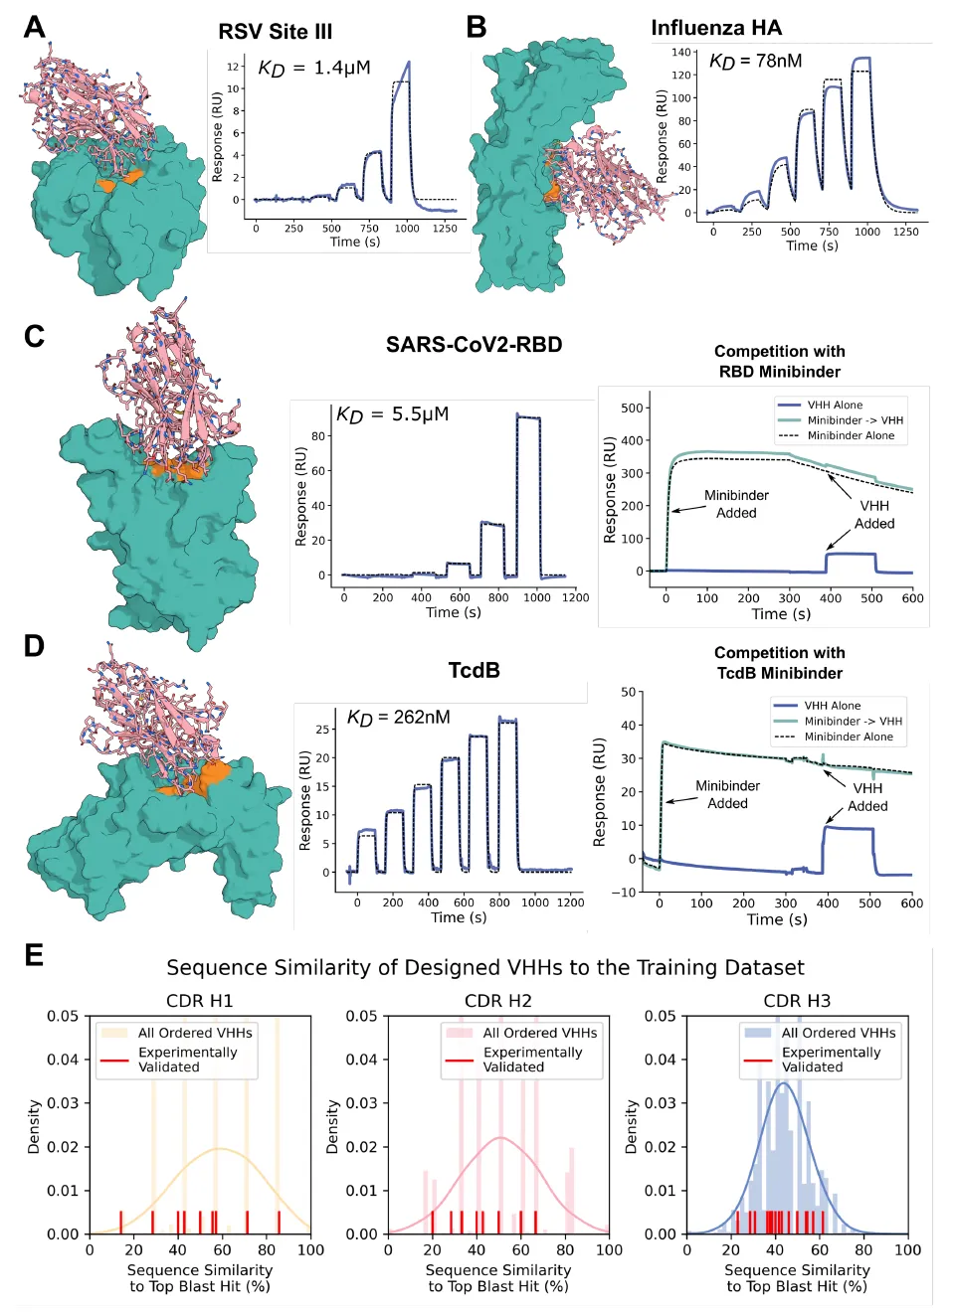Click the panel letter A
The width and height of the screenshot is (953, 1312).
point(35,27)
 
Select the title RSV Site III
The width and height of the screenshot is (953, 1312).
point(276,32)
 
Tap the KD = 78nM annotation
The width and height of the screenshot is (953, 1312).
point(755,62)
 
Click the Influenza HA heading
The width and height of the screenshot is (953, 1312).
point(716,28)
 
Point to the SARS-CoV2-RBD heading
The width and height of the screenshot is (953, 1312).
point(474,345)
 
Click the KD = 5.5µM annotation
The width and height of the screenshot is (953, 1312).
point(392,414)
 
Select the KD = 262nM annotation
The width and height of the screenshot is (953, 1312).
point(398,718)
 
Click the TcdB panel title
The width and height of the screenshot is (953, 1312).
point(474,671)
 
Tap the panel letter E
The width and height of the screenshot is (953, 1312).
point(34,955)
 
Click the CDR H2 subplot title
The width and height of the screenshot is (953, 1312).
point(498,1001)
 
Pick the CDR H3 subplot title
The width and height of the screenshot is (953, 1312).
point(797,1001)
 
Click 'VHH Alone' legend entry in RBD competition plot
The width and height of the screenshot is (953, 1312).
point(835,406)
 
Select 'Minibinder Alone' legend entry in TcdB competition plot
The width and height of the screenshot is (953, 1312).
point(848,738)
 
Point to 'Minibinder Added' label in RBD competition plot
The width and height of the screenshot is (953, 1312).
point(736,504)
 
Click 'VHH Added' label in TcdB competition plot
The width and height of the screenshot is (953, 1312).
point(867,797)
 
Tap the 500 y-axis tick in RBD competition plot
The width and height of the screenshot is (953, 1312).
point(632,408)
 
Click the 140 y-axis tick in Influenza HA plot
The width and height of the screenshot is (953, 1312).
point(680,53)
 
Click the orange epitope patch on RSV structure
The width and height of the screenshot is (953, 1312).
point(119,181)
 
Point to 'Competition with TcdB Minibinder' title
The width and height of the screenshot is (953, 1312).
point(779,663)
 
